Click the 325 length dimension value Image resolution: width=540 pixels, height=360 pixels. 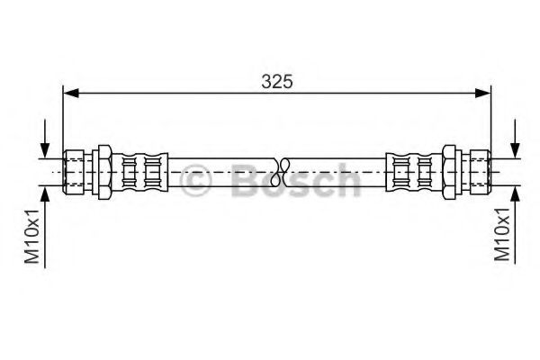[x=277, y=80]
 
